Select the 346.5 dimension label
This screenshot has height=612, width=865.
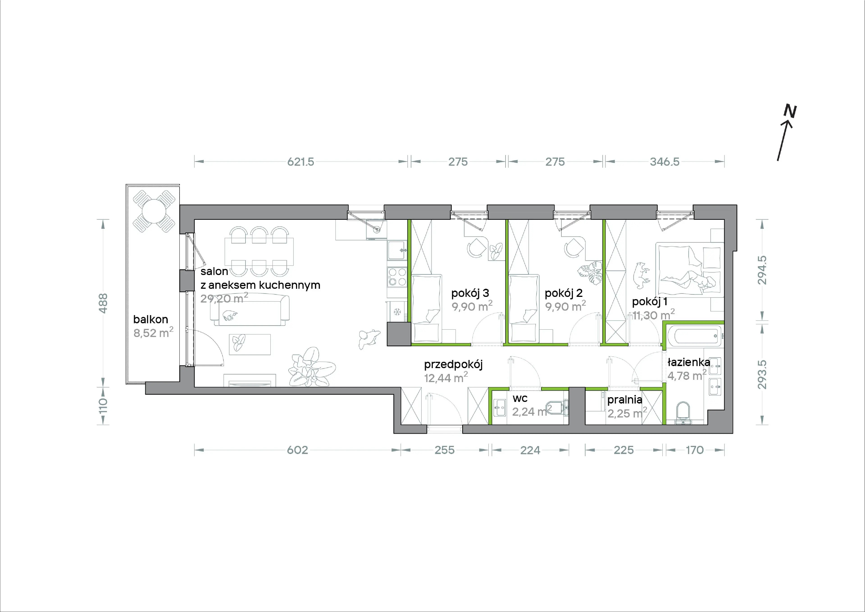pos(665,162)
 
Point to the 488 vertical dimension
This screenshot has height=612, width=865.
pos(103,303)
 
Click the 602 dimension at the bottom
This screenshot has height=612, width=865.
pos(297,450)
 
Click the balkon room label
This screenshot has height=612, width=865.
pos(151,319)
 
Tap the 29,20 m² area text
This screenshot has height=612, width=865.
pos(224,298)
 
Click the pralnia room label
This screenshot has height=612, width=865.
pos(625,399)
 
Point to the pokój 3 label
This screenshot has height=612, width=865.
pos(470,293)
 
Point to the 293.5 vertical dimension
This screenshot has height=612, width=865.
pos(762,374)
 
